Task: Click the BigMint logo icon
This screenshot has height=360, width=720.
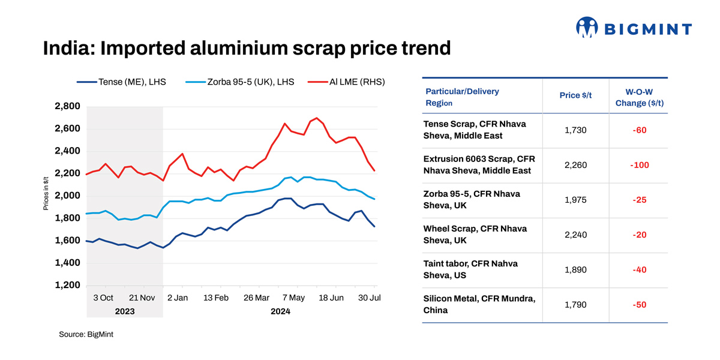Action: point(587,28)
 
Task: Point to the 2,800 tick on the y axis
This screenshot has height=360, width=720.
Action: point(67,107)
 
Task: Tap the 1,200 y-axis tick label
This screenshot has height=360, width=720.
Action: point(67,286)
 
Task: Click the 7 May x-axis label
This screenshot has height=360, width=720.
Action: point(293,298)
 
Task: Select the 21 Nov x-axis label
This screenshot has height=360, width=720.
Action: point(142,298)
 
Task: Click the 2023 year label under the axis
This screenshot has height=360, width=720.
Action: point(125,311)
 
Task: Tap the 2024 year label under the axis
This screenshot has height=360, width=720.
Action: point(280,311)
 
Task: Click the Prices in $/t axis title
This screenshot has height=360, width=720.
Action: point(46,193)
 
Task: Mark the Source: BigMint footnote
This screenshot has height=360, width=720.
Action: point(86,334)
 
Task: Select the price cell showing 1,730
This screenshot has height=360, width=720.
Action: point(575,130)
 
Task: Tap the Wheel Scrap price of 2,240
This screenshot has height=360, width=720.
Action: point(575,235)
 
